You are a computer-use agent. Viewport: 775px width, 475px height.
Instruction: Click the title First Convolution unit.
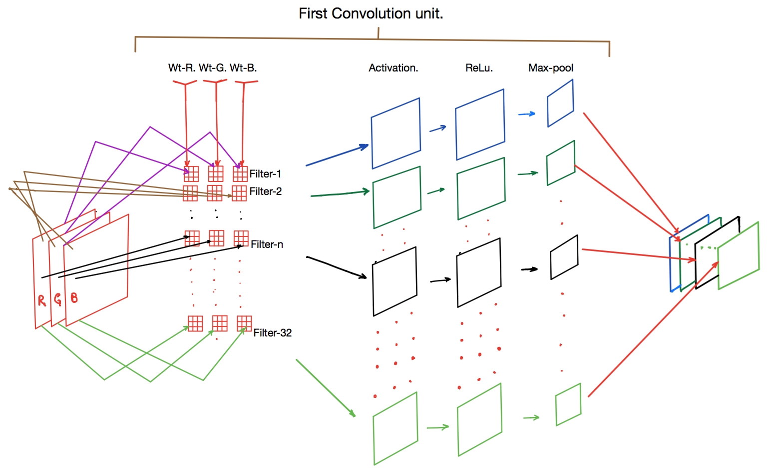coord(371,13)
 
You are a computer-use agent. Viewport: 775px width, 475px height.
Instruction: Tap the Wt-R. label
coord(182,68)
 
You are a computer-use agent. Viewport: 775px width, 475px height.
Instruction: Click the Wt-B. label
coord(243,68)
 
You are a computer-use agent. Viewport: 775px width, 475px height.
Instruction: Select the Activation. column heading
coord(393,68)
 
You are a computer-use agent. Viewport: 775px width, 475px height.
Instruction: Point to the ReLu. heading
coord(479,68)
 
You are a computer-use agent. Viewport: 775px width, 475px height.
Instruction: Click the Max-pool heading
coord(550,68)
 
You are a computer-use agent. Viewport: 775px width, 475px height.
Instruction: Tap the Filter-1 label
coord(265,174)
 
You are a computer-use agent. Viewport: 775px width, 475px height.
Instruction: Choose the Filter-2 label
coord(265,191)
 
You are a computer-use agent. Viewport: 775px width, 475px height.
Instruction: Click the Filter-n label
coord(267,244)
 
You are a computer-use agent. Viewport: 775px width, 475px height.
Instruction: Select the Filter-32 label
coord(272,333)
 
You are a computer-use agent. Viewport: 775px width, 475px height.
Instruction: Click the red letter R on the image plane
coord(42,300)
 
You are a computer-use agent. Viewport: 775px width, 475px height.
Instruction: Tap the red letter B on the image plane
coord(74,298)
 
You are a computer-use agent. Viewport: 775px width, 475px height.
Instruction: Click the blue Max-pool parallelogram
coord(560,103)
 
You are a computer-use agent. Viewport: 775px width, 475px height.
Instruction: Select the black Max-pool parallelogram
coord(564,257)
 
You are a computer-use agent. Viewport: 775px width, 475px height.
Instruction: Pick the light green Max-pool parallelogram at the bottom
coord(568,404)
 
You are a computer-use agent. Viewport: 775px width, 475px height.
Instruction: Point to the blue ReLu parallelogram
coord(480,125)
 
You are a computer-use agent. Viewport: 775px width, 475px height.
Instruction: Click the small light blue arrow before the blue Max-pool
coord(526,114)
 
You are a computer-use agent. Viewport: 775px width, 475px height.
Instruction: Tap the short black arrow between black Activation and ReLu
coord(440,280)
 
